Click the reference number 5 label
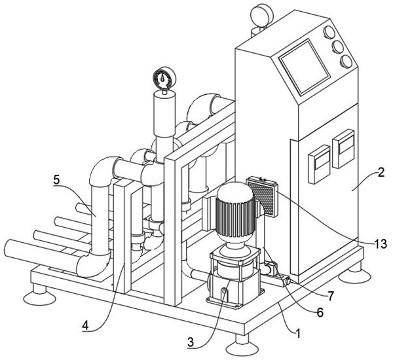57,180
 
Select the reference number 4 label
85,325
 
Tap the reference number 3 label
191,342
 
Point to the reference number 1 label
298,333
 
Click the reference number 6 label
320,312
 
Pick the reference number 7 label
331,297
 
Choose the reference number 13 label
381,243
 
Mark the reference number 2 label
381,173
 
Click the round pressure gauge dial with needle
164,78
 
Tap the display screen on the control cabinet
305,67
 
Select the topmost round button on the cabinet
329,33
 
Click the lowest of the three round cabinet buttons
346,62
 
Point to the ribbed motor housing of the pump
235,216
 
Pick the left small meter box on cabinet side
319,164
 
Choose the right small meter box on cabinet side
343,149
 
